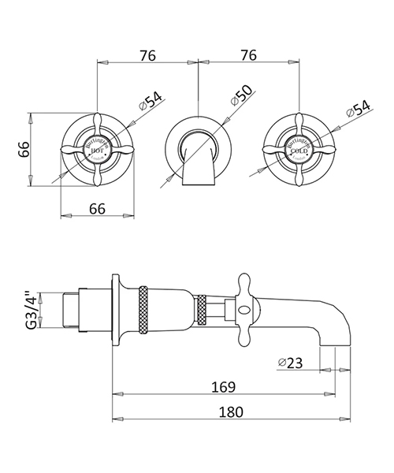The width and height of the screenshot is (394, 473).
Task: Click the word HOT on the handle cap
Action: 96,147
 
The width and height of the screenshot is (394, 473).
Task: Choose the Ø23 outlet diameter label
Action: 293,363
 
